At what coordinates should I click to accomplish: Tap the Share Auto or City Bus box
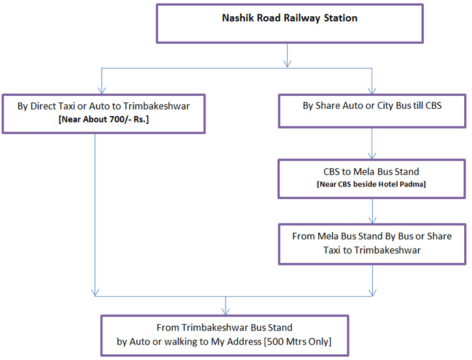[x=372, y=110]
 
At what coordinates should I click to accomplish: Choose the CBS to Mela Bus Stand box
[x=372, y=177]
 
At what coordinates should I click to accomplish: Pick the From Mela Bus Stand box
[x=372, y=244]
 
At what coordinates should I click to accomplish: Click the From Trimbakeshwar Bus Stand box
[x=224, y=335]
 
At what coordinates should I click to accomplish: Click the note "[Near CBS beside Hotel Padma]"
[x=372, y=185]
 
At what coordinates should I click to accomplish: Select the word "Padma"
[x=415, y=185]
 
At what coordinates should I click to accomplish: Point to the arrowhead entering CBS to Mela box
[x=372, y=156]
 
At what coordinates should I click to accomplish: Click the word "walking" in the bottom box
[x=170, y=342]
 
